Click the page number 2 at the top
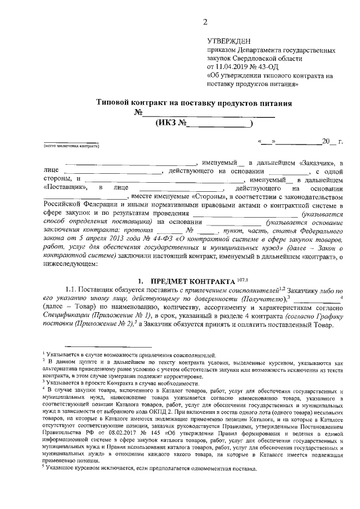pos(205,22)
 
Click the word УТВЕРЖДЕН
pos(230,42)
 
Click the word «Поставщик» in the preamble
pos(65,188)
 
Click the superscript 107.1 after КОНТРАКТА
pos(242,278)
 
